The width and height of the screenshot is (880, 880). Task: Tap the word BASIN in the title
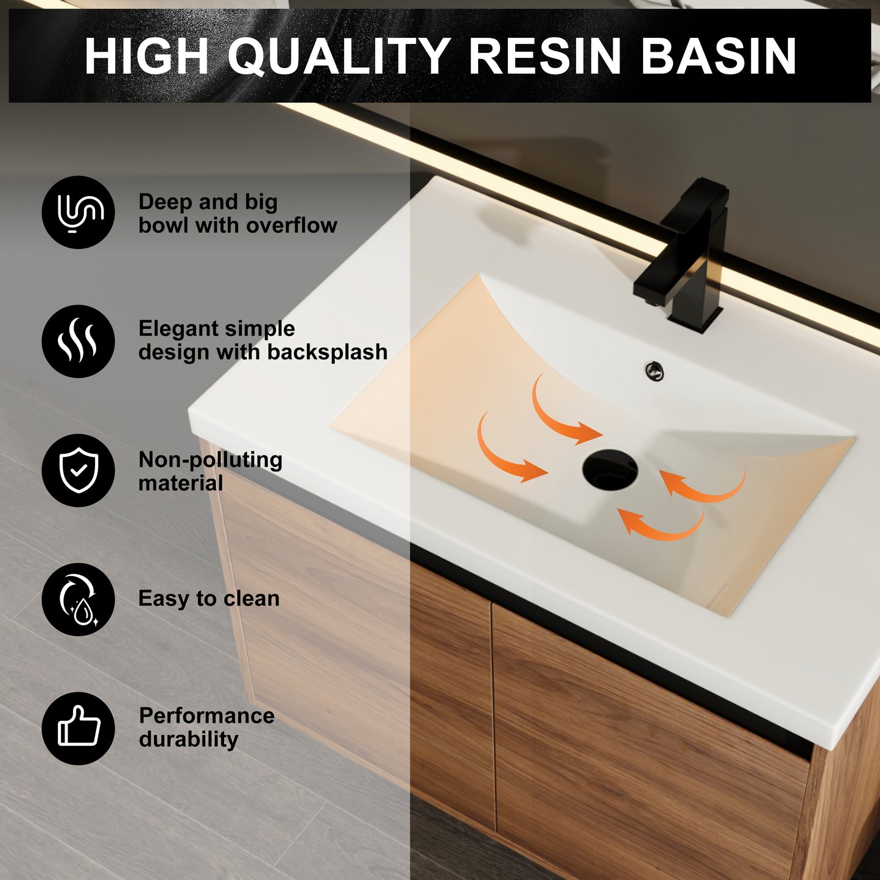click(719, 57)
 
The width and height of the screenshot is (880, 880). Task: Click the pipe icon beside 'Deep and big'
click(79, 213)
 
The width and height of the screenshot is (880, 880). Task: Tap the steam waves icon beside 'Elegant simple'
click(79, 342)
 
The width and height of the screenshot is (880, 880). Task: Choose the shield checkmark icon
click(79, 470)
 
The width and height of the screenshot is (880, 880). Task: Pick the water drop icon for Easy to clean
click(79, 599)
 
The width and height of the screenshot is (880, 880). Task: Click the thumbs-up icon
click(79, 728)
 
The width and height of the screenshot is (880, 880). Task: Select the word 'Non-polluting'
click(210, 460)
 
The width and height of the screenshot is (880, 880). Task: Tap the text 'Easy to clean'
click(209, 599)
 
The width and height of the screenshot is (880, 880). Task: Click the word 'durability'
click(188, 739)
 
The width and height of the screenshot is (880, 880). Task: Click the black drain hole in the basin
click(610, 470)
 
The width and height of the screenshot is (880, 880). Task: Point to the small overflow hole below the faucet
click(654, 370)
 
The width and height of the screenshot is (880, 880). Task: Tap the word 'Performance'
click(206, 716)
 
